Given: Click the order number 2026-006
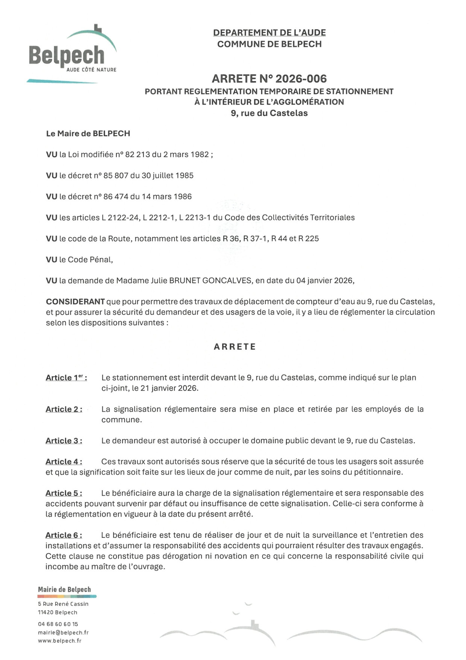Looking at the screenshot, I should pyautogui.click(x=301, y=79).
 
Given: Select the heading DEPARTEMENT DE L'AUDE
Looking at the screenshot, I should pyautogui.click(x=269, y=33).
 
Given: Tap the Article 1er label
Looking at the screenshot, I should pyautogui.click(x=66, y=378).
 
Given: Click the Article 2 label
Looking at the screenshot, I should pyautogui.click(x=64, y=409).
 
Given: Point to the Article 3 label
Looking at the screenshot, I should pyautogui.click(x=64, y=441).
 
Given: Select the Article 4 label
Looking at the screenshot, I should pyautogui.click(x=64, y=462).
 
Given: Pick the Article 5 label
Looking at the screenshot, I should pyautogui.click(x=64, y=493).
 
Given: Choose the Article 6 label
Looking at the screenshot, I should pyautogui.click(x=64, y=535).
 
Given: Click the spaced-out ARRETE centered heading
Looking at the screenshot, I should pyautogui.click(x=235, y=347).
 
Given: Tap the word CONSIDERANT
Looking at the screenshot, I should pyautogui.click(x=75, y=302).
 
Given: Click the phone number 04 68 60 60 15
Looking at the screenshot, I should pyautogui.click(x=58, y=624).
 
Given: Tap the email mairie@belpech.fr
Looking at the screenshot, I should pyautogui.click(x=63, y=633).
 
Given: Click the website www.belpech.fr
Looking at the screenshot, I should pyautogui.click(x=59, y=641).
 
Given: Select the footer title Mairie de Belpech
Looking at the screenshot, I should pyautogui.click(x=64, y=590).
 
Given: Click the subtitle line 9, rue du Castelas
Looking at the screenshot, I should pyautogui.click(x=269, y=113).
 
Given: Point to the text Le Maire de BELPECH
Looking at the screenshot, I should pyautogui.click(x=88, y=134).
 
